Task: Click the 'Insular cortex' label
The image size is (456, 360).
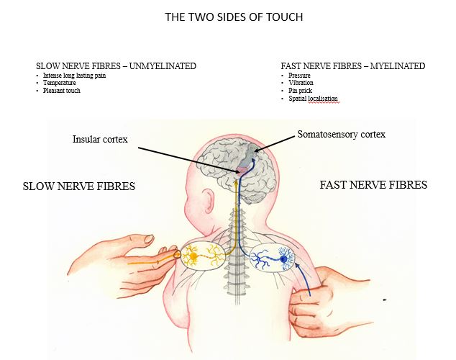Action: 100,138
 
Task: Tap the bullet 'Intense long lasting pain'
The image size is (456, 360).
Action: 78,76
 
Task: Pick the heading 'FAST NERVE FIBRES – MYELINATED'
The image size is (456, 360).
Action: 352,66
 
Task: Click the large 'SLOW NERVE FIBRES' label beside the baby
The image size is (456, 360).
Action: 79,186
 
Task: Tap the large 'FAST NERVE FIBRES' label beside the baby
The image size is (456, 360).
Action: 373,185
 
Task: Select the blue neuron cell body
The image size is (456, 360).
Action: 284,259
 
